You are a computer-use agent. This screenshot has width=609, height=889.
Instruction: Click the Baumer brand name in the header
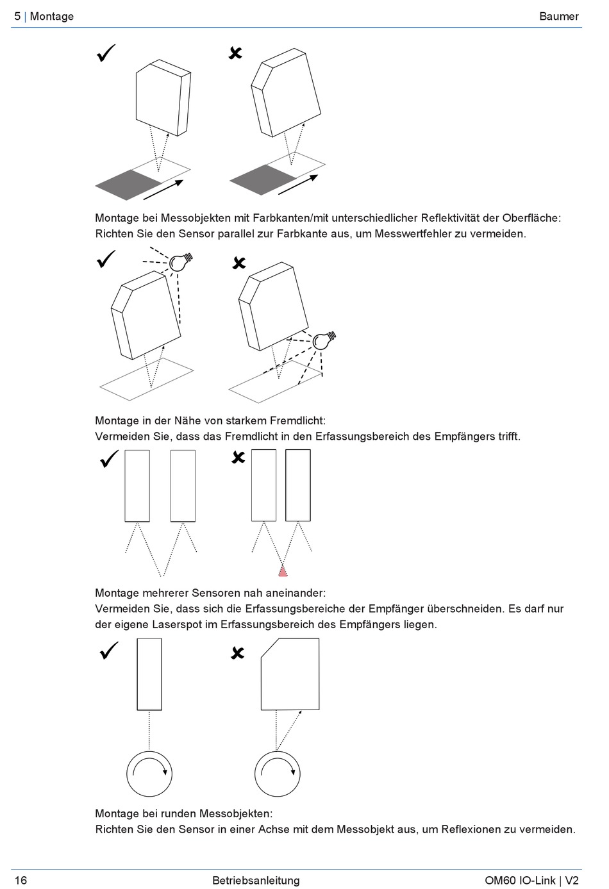click(558, 16)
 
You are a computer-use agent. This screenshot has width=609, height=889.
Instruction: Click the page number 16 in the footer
click(21, 880)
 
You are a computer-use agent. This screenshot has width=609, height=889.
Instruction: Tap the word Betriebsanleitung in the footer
click(256, 880)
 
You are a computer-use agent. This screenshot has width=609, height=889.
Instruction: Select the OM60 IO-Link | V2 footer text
click(531, 880)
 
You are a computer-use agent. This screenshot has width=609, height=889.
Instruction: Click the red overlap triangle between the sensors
click(283, 571)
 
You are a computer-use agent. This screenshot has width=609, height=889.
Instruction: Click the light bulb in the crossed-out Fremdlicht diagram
click(322, 340)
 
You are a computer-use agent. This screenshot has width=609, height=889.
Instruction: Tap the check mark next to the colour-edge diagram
click(106, 53)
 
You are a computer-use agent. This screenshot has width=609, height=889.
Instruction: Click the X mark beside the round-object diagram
click(237, 653)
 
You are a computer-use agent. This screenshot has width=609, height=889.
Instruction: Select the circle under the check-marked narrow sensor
click(149, 773)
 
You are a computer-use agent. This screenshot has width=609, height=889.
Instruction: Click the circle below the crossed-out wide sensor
click(278, 773)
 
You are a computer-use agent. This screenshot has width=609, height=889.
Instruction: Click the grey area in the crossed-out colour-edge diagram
click(263, 179)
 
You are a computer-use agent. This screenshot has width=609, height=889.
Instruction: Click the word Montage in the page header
click(51, 16)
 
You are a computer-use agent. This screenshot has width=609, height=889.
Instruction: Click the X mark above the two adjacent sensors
click(238, 457)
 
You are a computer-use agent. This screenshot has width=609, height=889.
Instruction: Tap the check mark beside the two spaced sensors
click(110, 459)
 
